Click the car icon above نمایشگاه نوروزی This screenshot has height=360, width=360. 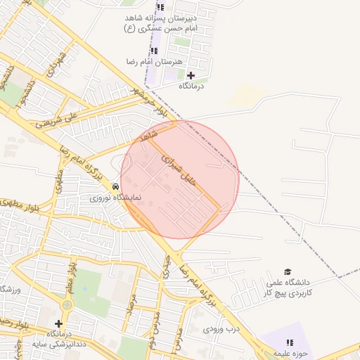point(115,186)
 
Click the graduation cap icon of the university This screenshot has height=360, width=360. point(287,272)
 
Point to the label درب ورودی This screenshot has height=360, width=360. point(221,328)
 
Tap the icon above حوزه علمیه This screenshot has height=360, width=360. point(290,342)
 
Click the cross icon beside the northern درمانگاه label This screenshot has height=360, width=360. point(191,75)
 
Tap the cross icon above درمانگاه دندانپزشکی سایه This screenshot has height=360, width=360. point(58,323)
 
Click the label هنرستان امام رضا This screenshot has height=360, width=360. point(153,62)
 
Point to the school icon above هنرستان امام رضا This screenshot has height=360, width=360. point(154,51)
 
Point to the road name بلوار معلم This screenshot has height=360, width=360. point(71,274)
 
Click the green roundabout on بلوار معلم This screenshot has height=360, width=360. point(67,305)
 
